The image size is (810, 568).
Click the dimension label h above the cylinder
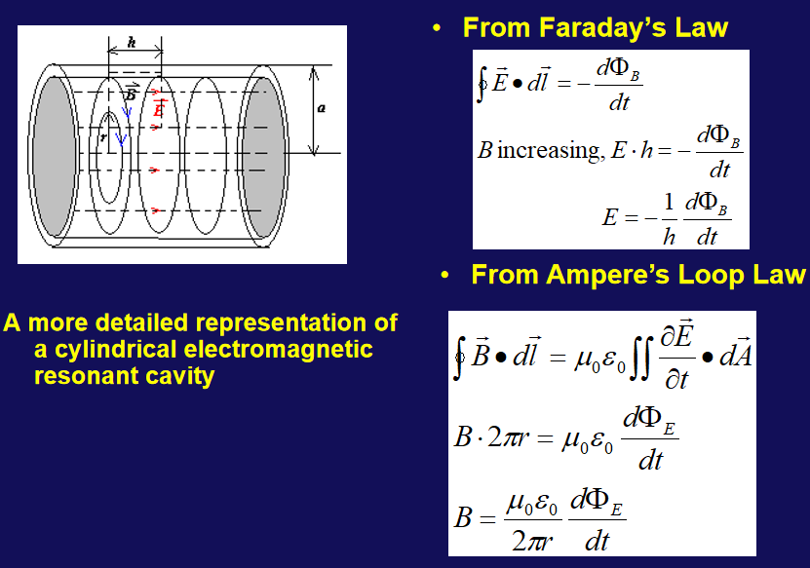pyautogui.click(x=132, y=42)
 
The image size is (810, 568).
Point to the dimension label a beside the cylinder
pyautogui.click(x=322, y=108)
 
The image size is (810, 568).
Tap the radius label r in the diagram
pyautogui.click(x=104, y=136)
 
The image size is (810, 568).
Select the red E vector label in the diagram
pyautogui.click(x=159, y=108)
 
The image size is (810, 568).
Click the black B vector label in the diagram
pyautogui.click(x=132, y=92)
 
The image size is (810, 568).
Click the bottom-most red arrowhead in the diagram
pyautogui.click(x=156, y=210)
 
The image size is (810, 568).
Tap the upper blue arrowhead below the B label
pyautogui.click(x=127, y=111)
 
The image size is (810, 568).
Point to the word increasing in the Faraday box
pyautogui.click(x=549, y=151)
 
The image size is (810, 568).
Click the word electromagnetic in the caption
pyautogui.click(x=279, y=349)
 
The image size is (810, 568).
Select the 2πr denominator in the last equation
pyautogui.click(x=531, y=541)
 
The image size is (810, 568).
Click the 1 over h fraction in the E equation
pyautogui.click(x=669, y=218)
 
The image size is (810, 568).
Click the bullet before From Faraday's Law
pyautogui.click(x=437, y=28)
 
